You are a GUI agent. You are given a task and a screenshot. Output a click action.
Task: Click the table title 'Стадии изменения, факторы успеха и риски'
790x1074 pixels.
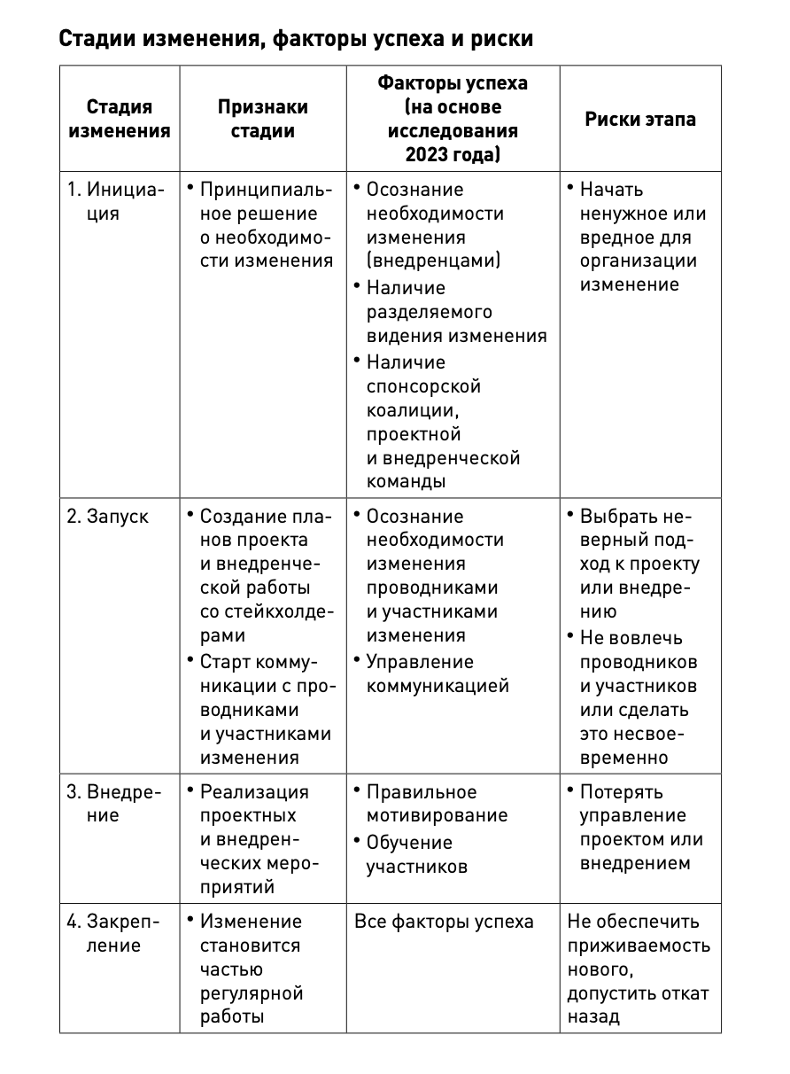(296, 40)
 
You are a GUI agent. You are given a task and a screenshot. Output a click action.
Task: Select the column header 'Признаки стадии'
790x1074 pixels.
(263, 119)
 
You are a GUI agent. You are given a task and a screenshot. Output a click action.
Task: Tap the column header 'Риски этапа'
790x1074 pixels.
(639, 119)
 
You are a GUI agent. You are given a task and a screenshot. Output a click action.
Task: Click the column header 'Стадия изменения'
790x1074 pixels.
(120, 119)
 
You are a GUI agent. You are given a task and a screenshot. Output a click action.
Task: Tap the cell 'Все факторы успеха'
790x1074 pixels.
(444, 922)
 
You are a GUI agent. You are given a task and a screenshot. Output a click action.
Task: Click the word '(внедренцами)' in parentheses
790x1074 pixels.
(433, 261)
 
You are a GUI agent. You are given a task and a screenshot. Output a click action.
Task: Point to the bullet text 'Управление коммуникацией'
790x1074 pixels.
(438, 673)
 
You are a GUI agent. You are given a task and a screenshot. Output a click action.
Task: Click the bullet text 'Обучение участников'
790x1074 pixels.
(416, 854)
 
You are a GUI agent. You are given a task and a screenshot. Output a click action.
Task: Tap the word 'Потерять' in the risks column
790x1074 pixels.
(622, 792)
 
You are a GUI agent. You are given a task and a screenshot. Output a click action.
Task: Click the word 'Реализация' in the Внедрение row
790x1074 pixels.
(254, 792)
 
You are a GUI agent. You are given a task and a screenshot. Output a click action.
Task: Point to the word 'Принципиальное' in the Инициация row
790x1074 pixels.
(266, 190)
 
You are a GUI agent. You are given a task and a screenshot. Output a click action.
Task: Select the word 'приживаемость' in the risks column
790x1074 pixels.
(639, 946)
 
